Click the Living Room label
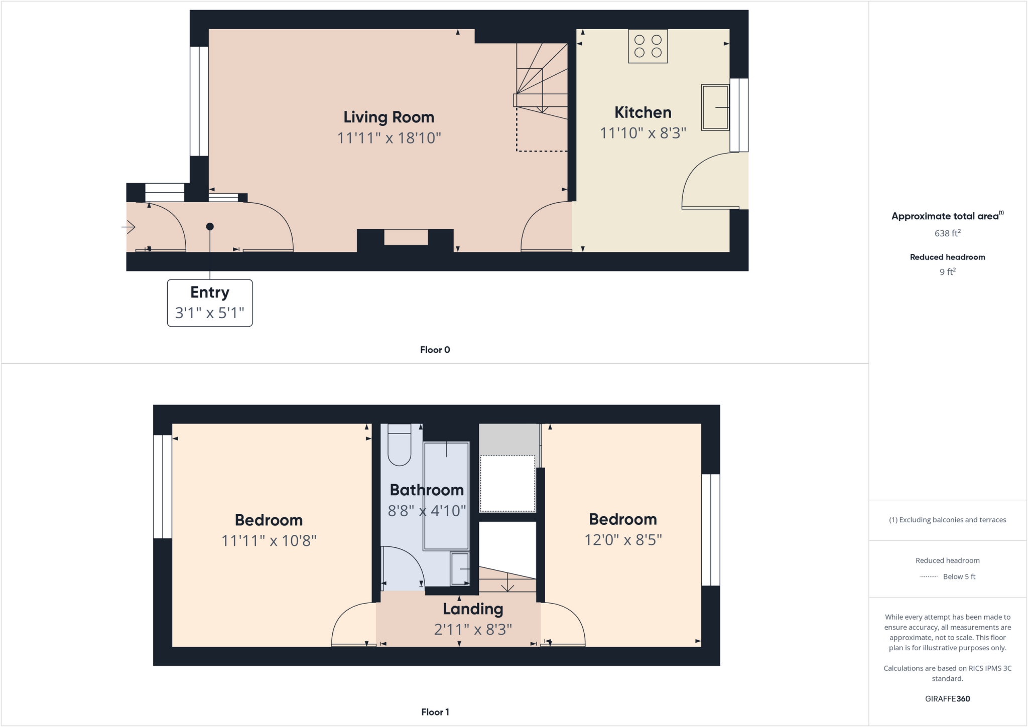tap(389, 117)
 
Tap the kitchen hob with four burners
tap(648, 46)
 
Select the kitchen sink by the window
tap(715, 108)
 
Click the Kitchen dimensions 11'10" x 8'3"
tap(643, 133)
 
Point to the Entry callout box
tap(210, 303)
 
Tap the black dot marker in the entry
tap(210, 227)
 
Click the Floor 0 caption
tap(435, 350)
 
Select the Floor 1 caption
tap(435, 712)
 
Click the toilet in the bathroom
tap(400, 445)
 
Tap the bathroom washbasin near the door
tap(459, 568)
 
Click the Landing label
tap(473, 609)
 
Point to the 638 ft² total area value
tap(947, 233)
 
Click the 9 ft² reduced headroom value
tap(947, 271)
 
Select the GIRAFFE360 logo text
tap(947, 698)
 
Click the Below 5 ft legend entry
tap(948, 576)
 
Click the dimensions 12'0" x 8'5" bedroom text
tap(623, 540)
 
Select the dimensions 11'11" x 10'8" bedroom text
tap(269, 541)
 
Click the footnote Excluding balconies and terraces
tap(947, 520)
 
